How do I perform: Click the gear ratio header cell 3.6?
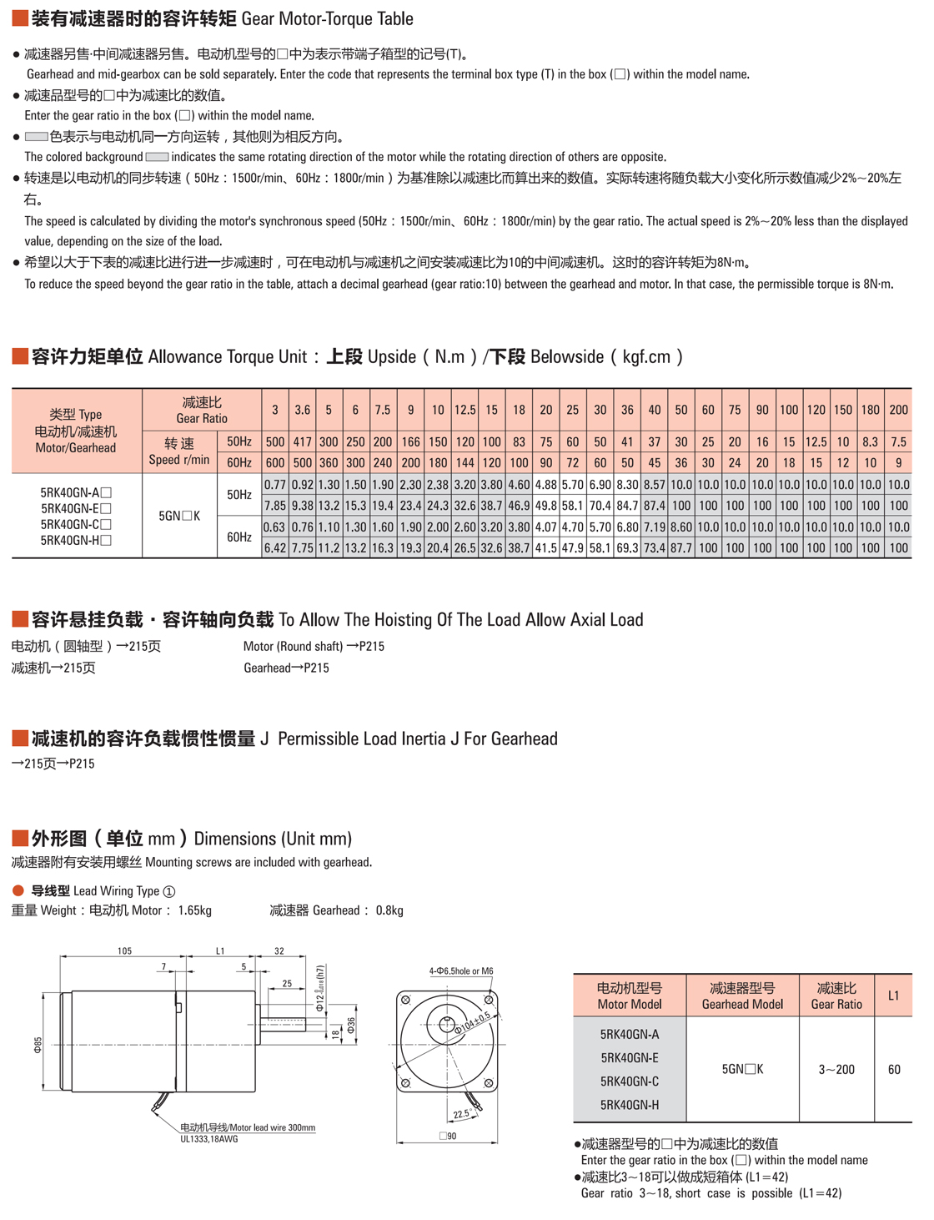(x=302, y=410)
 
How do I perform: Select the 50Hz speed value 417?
(x=302, y=442)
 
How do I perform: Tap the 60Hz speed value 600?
(x=275, y=463)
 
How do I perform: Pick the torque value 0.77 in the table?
(x=275, y=485)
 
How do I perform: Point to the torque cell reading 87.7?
(x=681, y=548)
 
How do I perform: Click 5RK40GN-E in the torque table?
(x=75, y=508)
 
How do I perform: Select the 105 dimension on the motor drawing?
(x=124, y=950)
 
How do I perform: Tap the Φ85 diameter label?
(x=38, y=1046)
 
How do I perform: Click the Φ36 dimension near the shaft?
(x=352, y=1026)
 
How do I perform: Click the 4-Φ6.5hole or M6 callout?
(x=461, y=970)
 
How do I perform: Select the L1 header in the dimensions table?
(x=893, y=996)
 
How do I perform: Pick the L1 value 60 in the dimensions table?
(x=894, y=1070)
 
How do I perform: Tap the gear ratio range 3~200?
(x=836, y=1070)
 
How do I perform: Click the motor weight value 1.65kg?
(x=194, y=910)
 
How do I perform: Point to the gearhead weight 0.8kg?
(x=389, y=910)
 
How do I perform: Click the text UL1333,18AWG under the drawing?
(x=209, y=1138)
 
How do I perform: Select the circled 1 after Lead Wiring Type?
(x=169, y=891)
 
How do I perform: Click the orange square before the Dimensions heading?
(x=20, y=838)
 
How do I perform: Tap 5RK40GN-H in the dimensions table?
(x=630, y=1105)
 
